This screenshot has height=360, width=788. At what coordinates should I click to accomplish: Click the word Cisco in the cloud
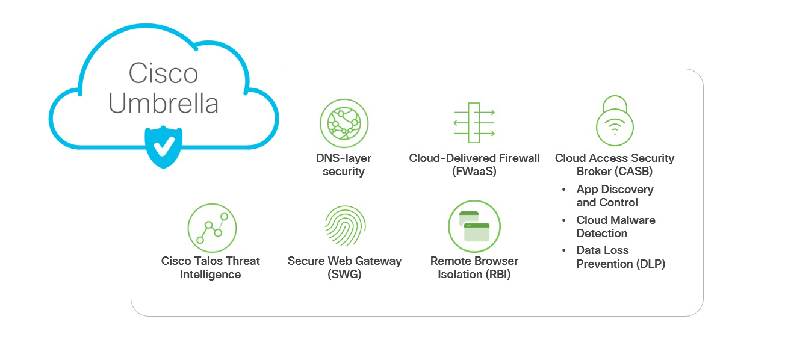(163, 74)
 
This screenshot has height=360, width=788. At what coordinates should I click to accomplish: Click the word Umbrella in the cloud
(163, 103)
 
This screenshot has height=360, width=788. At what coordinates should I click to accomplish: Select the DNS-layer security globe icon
(344, 123)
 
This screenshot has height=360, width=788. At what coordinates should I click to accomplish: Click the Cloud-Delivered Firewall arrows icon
(474, 122)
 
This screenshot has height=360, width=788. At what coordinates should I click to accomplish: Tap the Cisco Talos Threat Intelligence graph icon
(211, 228)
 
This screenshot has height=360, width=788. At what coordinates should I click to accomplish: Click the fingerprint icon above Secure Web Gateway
(344, 227)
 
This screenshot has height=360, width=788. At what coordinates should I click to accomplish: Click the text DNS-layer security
(344, 165)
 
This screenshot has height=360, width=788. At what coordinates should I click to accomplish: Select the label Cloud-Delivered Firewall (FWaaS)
(474, 165)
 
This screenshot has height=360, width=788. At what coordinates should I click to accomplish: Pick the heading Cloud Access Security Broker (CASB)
(615, 165)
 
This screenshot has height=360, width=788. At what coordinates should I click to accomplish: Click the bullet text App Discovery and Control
(614, 196)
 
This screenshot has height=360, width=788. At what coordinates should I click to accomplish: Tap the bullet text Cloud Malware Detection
(615, 227)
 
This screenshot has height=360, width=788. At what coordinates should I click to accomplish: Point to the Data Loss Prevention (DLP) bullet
(620, 257)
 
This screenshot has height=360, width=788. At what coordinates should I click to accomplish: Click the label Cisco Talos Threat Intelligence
(211, 268)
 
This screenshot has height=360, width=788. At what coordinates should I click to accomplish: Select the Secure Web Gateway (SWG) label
(344, 268)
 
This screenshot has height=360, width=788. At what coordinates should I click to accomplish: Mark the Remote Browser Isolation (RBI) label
(474, 268)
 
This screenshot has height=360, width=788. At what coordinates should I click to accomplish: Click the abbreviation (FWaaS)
(474, 172)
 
